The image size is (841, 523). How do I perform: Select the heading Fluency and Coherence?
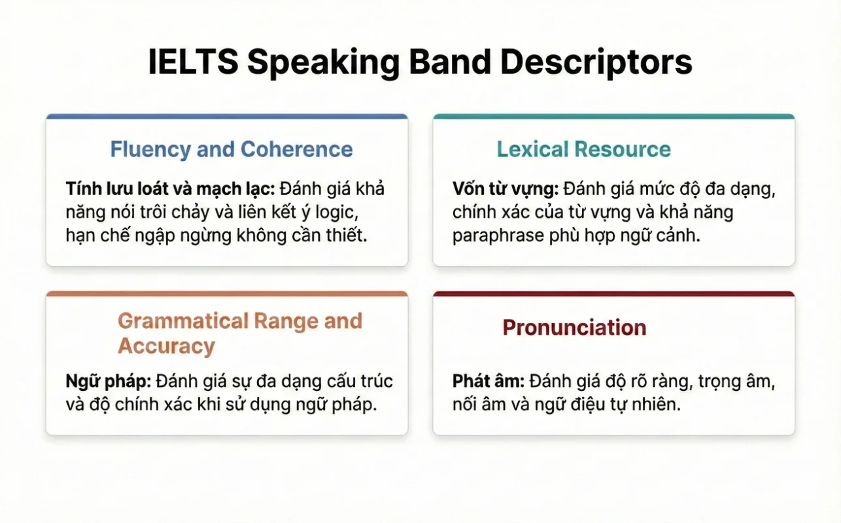click(x=231, y=149)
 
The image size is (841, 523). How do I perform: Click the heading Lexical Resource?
click(x=583, y=149)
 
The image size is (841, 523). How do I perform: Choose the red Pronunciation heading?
click(x=574, y=328)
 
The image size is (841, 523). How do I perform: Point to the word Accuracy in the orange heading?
click(x=166, y=346)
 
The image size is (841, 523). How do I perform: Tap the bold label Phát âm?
click(x=489, y=381)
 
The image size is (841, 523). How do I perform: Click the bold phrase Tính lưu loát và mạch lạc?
click(x=171, y=190)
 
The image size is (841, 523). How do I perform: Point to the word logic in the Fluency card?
click(x=333, y=212)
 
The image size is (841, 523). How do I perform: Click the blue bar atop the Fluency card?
click(x=226, y=117)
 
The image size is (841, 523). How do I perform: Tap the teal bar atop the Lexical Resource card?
click(x=613, y=117)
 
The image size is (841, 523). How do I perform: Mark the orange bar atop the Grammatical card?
click(x=226, y=294)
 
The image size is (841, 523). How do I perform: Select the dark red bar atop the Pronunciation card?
click(x=613, y=294)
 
